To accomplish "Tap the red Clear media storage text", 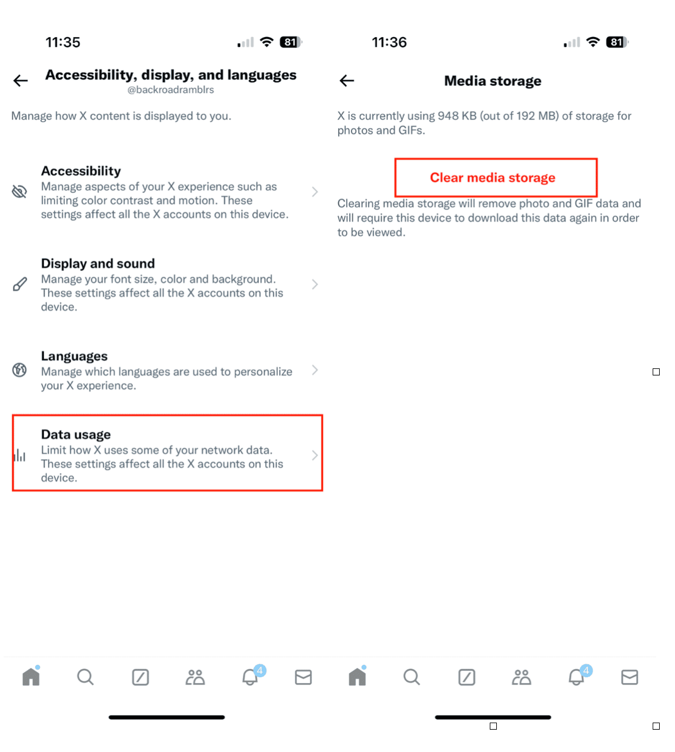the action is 493,178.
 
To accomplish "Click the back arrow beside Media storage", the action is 347,81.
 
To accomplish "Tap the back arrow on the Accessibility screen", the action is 21,81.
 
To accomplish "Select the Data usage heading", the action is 76,434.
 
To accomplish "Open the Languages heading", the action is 74,356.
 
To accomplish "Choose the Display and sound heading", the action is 98,264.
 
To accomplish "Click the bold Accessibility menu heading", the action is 81,171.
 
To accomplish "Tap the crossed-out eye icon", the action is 19,191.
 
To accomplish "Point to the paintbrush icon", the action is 19,284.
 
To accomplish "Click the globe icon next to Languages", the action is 19,370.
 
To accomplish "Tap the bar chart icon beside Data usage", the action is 19,455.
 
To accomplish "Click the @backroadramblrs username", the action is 171,90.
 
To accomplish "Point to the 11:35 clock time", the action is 63,42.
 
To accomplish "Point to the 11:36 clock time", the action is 389,42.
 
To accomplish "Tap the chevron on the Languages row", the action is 315,370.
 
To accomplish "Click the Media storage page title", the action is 493,81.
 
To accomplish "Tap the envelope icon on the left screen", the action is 303,677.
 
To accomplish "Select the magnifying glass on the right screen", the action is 412,677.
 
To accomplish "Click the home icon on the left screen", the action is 31,676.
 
